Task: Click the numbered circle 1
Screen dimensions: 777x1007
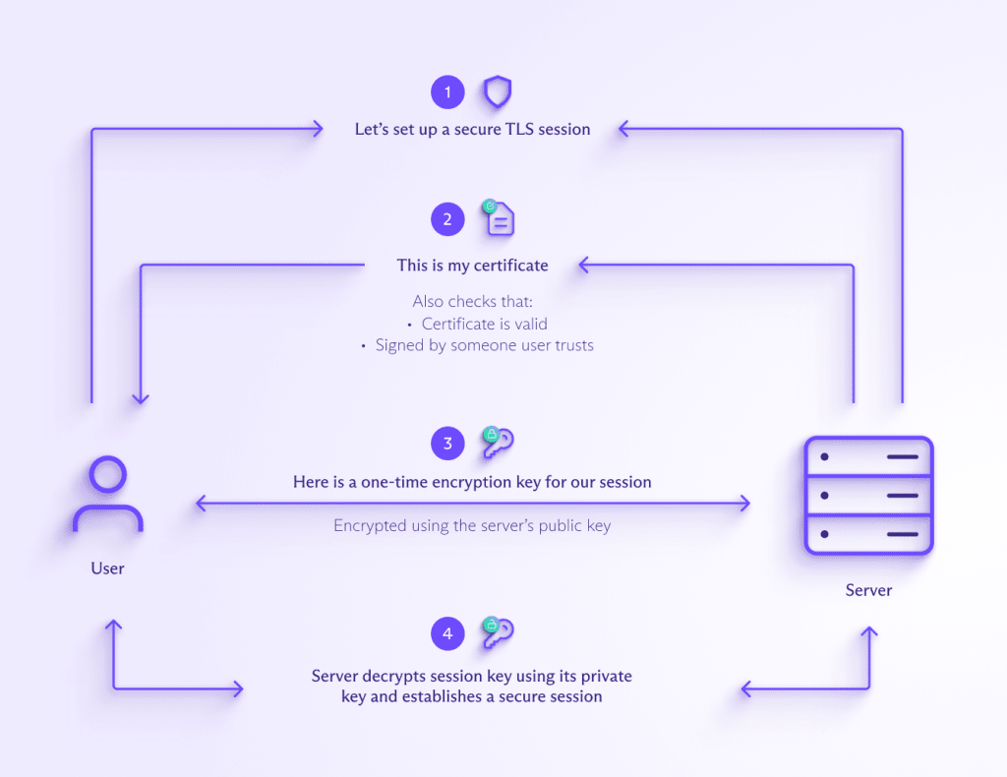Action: tap(447, 93)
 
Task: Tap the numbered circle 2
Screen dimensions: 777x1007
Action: tap(447, 219)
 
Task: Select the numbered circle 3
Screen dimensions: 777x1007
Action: tap(447, 444)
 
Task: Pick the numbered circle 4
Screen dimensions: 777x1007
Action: tap(447, 634)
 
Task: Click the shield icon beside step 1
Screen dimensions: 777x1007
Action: tap(498, 93)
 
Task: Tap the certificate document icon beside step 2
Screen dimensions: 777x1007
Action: tap(499, 218)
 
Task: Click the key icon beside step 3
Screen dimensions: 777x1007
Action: tap(498, 443)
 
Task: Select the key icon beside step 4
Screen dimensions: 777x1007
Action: tap(498, 633)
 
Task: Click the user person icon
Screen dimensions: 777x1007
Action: tap(107, 497)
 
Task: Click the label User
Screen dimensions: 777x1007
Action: tap(107, 568)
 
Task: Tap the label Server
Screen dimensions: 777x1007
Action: tap(868, 590)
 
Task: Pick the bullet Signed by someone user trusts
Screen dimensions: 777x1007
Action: tap(484, 345)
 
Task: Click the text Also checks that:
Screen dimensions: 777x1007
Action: tap(473, 302)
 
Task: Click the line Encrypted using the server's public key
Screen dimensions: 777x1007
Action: tap(472, 526)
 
